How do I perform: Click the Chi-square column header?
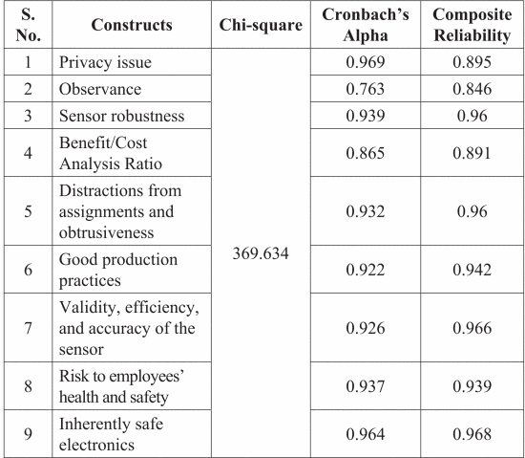[x=261, y=25]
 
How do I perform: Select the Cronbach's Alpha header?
[x=366, y=25]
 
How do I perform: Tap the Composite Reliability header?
[x=472, y=25]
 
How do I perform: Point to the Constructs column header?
[x=132, y=25]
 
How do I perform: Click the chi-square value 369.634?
[x=261, y=253]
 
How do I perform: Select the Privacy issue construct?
[x=105, y=62]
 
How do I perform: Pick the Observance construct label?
[x=100, y=89]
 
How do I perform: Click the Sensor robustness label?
[x=121, y=116]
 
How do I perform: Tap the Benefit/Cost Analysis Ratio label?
[x=111, y=153]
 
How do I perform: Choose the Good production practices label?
[x=118, y=270]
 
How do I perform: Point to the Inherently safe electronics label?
[x=111, y=434]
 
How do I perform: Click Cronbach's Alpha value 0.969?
[x=366, y=62]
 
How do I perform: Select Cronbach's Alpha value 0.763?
[x=366, y=89]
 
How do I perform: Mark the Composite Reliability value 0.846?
[x=472, y=89]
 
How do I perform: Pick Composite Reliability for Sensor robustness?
[x=472, y=116]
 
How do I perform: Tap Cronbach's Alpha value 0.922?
[x=366, y=270]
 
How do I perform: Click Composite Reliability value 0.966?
[x=472, y=328]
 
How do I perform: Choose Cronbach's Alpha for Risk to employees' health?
[x=366, y=386]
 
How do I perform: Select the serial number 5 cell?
[x=28, y=211]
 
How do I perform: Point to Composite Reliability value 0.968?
[x=472, y=434]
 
